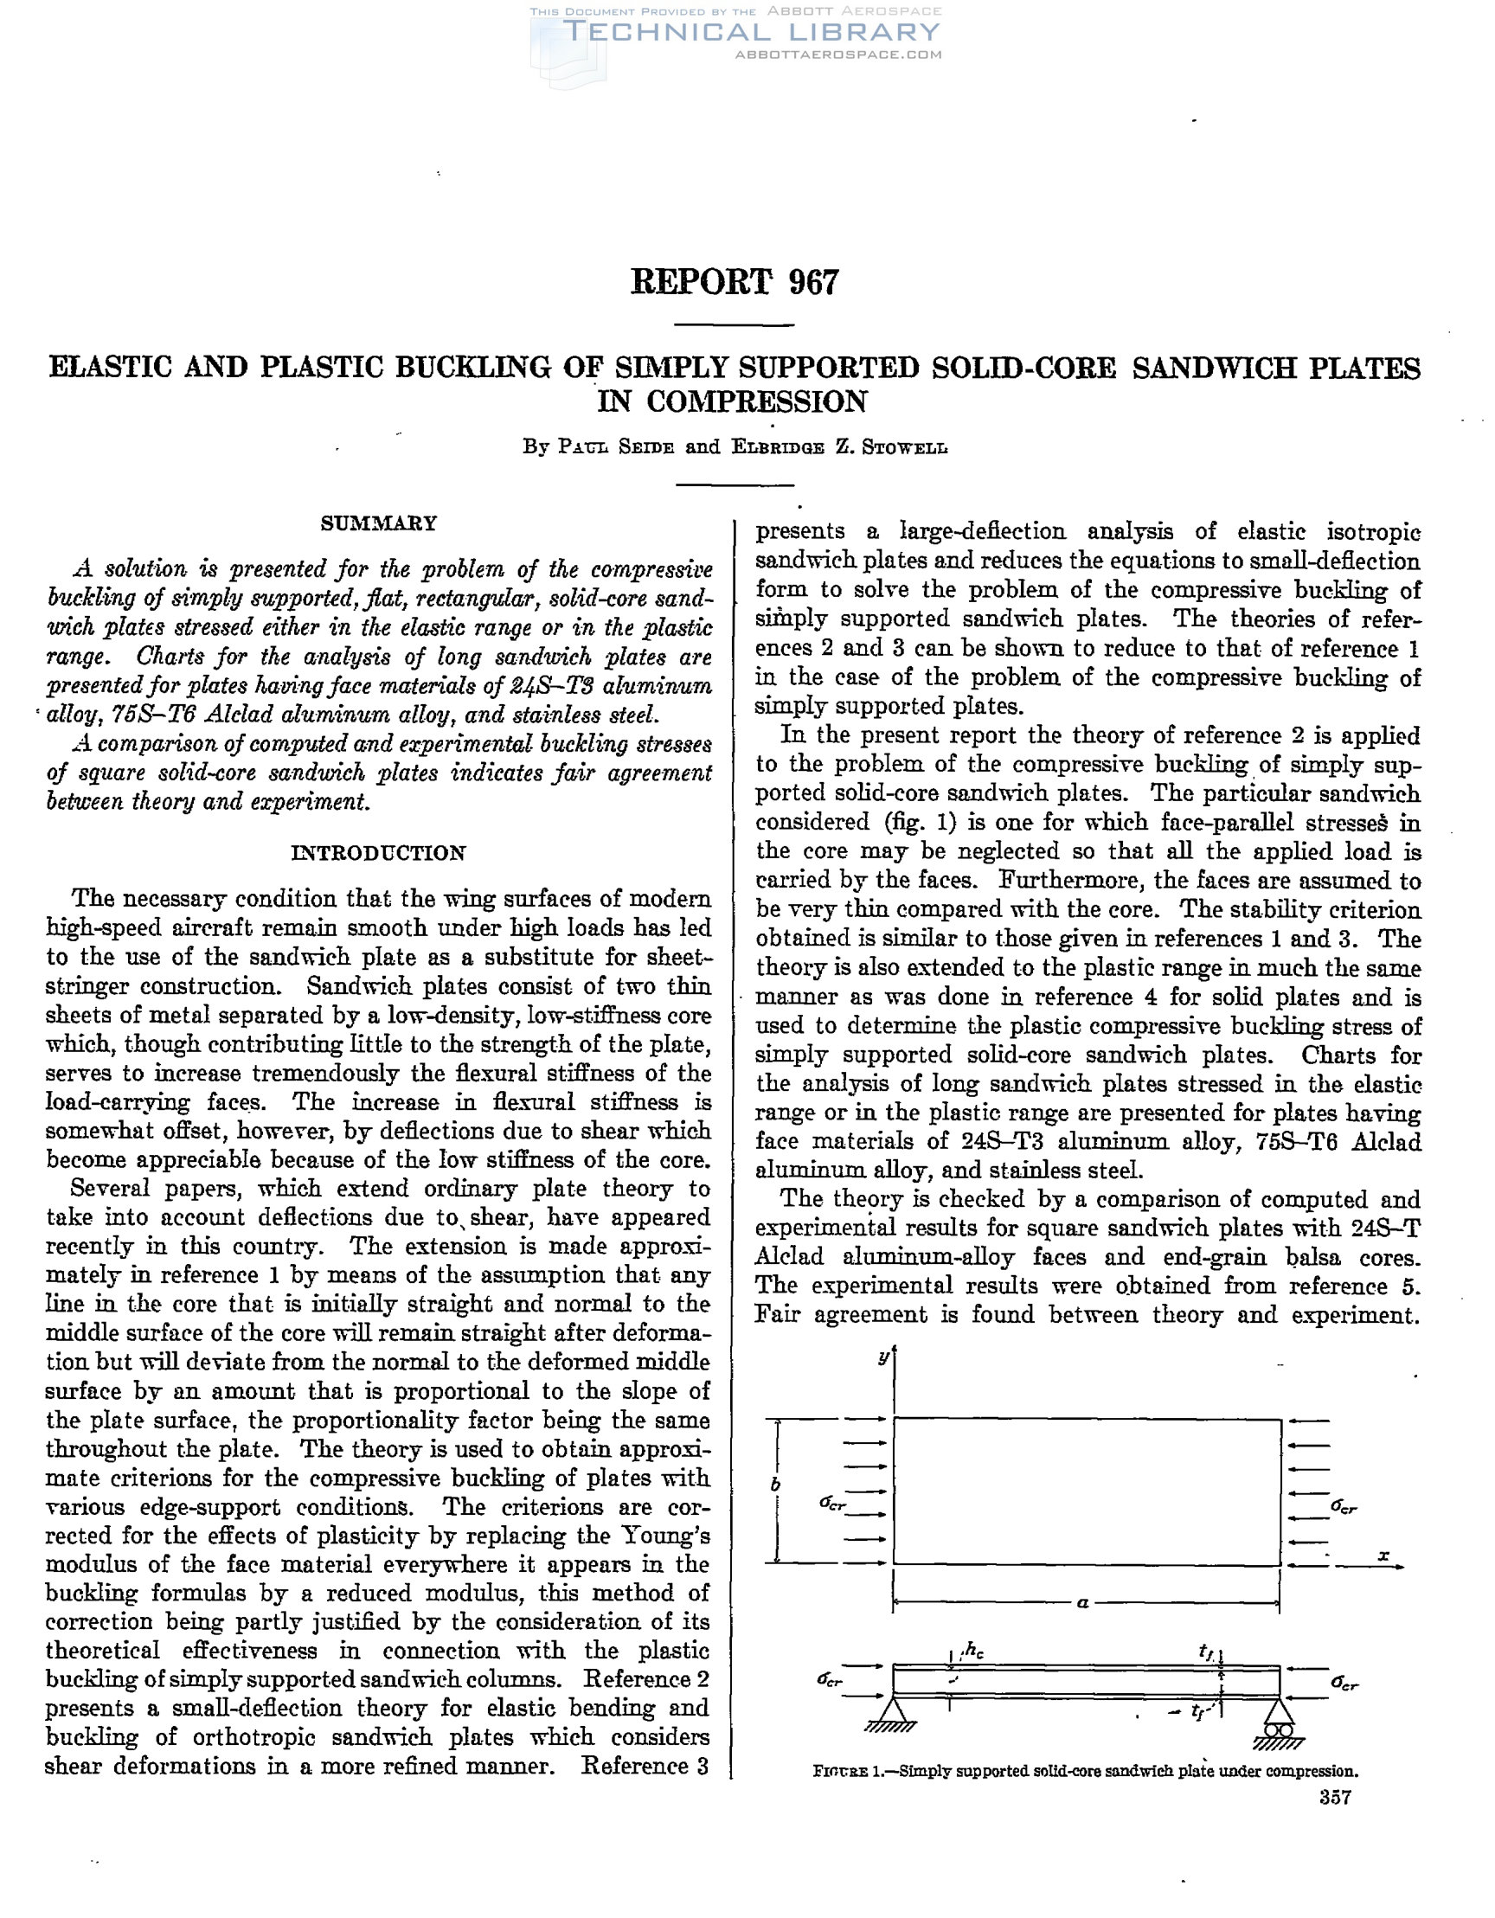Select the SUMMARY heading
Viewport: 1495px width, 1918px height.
(379, 523)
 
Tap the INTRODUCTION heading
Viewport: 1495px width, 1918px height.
(379, 853)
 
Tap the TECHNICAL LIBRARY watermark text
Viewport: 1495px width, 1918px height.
(751, 33)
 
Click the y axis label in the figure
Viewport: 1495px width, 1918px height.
(883, 1357)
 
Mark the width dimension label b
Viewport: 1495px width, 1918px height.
(775, 1485)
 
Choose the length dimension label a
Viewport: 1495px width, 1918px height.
(1083, 1603)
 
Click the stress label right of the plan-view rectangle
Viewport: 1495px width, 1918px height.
(1343, 1507)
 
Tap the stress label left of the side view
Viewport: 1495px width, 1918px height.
(829, 1679)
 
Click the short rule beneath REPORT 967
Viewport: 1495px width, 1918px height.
(734, 326)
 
